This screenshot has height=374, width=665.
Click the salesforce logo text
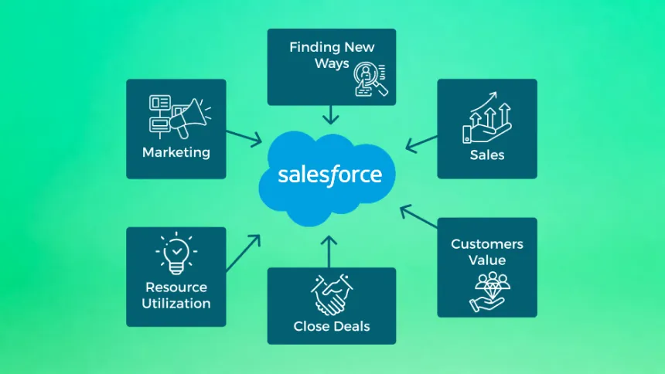tap(330, 174)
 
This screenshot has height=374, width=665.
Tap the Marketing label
tap(176, 152)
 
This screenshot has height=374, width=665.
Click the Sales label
tap(487, 155)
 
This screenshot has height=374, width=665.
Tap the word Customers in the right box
tap(487, 244)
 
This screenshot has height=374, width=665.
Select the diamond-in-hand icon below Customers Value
tap(487, 291)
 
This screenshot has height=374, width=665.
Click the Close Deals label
tap(332, 326)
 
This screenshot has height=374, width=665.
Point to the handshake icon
tap(331, 294)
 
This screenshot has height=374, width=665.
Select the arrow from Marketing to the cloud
tap(244, 138)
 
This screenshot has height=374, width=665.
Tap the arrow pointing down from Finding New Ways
tap(332, 115)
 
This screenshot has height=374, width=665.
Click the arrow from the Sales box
tap(421, 143)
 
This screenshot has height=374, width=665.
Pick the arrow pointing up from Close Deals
tap(330, 252)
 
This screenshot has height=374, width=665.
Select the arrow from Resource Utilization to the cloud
tap(244, 252)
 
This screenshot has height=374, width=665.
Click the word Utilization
tap(176, 304)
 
